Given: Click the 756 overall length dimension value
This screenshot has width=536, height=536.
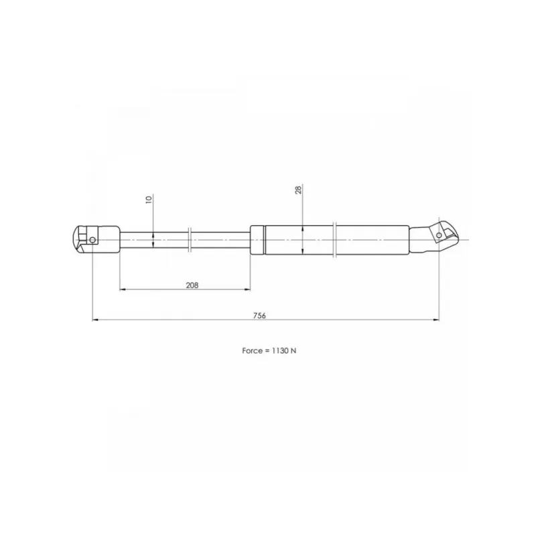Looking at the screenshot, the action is pyautogui.click(x=259, y=316).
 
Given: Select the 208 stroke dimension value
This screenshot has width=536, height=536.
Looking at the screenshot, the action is pyautogui.click(x=192, y=285).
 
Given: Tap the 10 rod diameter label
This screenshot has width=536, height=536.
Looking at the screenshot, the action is pyautogui.click(x=149, y=200).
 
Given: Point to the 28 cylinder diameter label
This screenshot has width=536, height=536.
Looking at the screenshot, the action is pyautogui.click(x=298, y=190).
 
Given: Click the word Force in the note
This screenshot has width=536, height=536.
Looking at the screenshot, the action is pyautogui.click(x=253, y=350).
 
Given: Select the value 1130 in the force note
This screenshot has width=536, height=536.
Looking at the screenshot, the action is pyautogui.click(x=280, y=350).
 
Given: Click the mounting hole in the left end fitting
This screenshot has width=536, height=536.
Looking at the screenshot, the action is pyautogui.click(x=92, y=240).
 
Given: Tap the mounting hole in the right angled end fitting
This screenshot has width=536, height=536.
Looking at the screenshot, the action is pyautogui.click(x=439, y=235).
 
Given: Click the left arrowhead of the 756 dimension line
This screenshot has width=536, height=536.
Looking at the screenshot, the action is pyautogui.click(x=95, y=320).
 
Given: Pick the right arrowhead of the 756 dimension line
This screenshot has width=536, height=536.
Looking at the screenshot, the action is pyautogui.click(x=436, y=320).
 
